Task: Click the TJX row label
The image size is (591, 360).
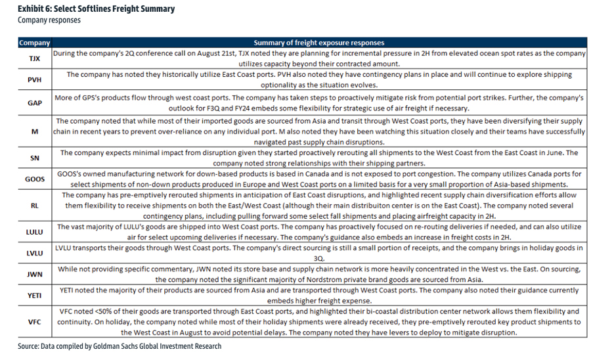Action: click(34, 58)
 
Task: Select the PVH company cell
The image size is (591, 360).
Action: click(34, 80)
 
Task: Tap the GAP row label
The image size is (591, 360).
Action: click(34, 102)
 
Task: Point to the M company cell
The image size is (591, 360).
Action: click(34, 131)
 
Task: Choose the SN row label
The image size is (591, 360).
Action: click(34, 158)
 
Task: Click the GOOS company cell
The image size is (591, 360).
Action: click(34, 179)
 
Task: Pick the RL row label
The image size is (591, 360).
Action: click(34, 205)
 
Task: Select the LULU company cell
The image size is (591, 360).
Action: click(34, 232)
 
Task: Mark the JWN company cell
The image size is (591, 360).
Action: click(34, 275)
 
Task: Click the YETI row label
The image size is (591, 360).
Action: click(34, 296)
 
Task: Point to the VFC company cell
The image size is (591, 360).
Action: click(34, 323)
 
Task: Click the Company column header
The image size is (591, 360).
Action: click(34, 43)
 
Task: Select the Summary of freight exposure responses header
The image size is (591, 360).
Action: click(318, 43)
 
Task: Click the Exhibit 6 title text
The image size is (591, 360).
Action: click(96, 9)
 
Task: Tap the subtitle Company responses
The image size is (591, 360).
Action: click(49, 20)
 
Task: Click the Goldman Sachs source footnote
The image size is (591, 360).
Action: click(120, 346)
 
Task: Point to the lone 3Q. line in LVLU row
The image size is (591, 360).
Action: click(318, 259)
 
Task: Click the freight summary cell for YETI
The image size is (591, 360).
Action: click(318, 296)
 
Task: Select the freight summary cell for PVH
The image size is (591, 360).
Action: click(318, 80)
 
